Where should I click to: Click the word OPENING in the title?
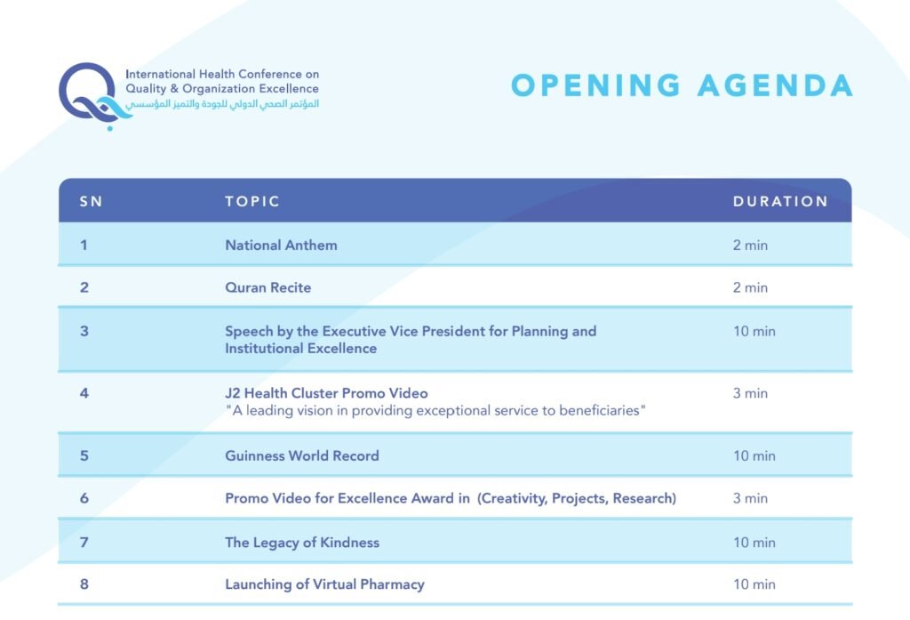596,85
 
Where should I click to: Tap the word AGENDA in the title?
775,85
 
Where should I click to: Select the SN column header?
92,202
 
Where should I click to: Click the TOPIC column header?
252,202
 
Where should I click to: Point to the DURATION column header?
780,202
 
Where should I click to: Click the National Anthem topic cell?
281,246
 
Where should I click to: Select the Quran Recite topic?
268,287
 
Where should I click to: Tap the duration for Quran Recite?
750,287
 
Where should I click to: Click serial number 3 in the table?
84,331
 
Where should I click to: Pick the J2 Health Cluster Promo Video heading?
326,393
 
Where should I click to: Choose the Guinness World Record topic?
302,456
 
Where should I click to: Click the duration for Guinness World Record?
754,456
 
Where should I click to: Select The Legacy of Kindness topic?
302,543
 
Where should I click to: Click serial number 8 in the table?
84,584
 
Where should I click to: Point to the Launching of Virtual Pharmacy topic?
324,584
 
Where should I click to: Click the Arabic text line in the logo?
223,104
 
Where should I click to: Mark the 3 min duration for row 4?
750,393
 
